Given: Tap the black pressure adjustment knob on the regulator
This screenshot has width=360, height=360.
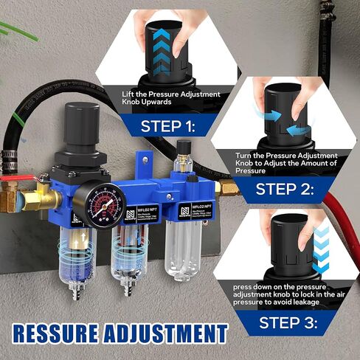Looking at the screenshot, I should pyautogui.click(x=82, y=120).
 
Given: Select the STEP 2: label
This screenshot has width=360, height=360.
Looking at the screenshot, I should pyautogui.click(x=285, y=189).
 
